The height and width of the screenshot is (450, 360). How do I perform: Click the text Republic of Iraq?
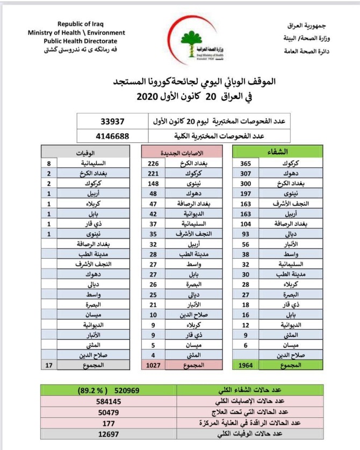pyautogui.click(x=81, y=25)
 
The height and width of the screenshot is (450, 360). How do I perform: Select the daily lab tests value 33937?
pyautogui.click(x=116, y=121)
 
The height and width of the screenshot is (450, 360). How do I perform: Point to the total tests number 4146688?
pyautogui.click(x=113, y=136)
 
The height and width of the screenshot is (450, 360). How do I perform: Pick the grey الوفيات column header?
pyautogui.click(x=87, y=151)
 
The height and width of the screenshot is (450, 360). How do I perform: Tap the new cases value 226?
pyautogui.click(x=154, y=163)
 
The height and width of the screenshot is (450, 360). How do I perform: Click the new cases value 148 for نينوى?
pyautogui.click(x=154, y=183)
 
